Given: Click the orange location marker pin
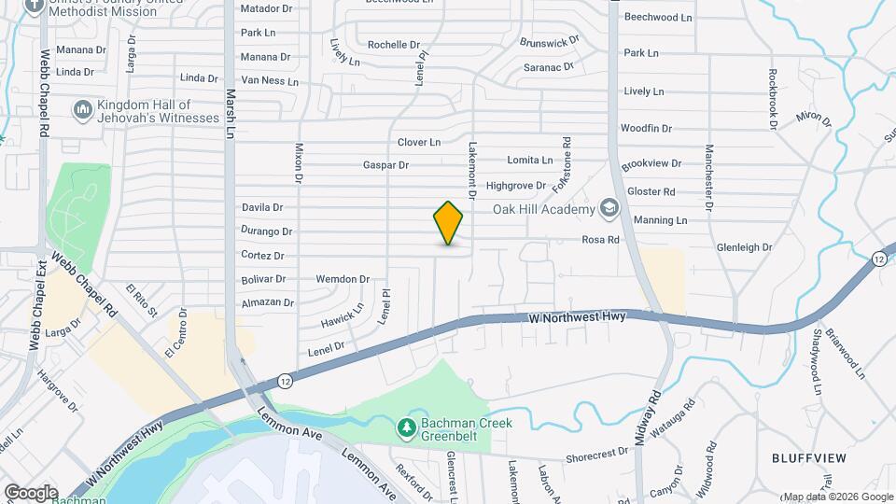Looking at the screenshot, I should [449, 223].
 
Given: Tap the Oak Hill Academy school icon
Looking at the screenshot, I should [609, 208].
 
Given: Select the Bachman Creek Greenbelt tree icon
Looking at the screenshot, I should [406, 427].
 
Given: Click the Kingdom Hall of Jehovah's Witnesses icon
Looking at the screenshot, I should [82, 110].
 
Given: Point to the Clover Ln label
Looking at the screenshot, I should [418, 143].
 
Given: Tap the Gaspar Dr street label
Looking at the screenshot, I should [386, 165].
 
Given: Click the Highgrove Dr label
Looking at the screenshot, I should [516, 186].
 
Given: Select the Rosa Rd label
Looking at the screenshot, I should [601, 240].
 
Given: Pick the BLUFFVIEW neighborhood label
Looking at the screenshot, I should [808, 458].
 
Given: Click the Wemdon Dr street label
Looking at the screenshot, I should [343, 279].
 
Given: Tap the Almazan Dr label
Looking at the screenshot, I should [268, 303].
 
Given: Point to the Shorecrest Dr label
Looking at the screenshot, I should [597, 454].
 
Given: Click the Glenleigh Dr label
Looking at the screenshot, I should [745, 247].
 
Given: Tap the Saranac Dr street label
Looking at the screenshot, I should [548, 67].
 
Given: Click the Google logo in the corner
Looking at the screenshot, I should [31, 492].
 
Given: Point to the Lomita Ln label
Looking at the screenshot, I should [530, 161].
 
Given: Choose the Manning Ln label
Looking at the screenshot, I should [660, 220].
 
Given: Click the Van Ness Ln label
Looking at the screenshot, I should [269, 81].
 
